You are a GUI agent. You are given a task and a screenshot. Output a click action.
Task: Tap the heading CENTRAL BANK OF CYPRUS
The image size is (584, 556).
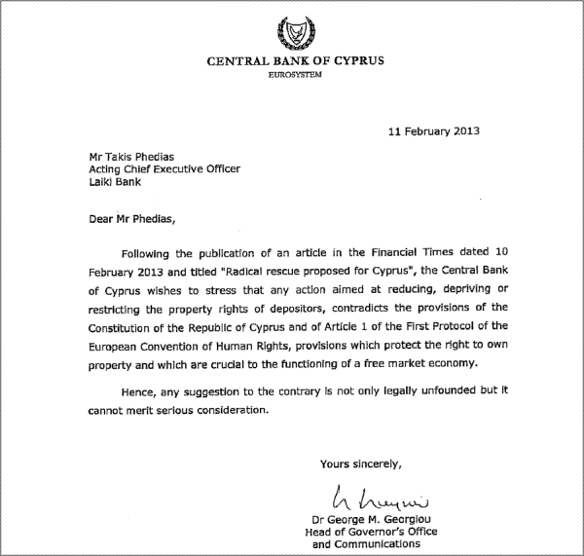[295, 61]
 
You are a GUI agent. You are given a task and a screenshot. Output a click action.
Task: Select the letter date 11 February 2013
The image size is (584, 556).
[432, 130]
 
